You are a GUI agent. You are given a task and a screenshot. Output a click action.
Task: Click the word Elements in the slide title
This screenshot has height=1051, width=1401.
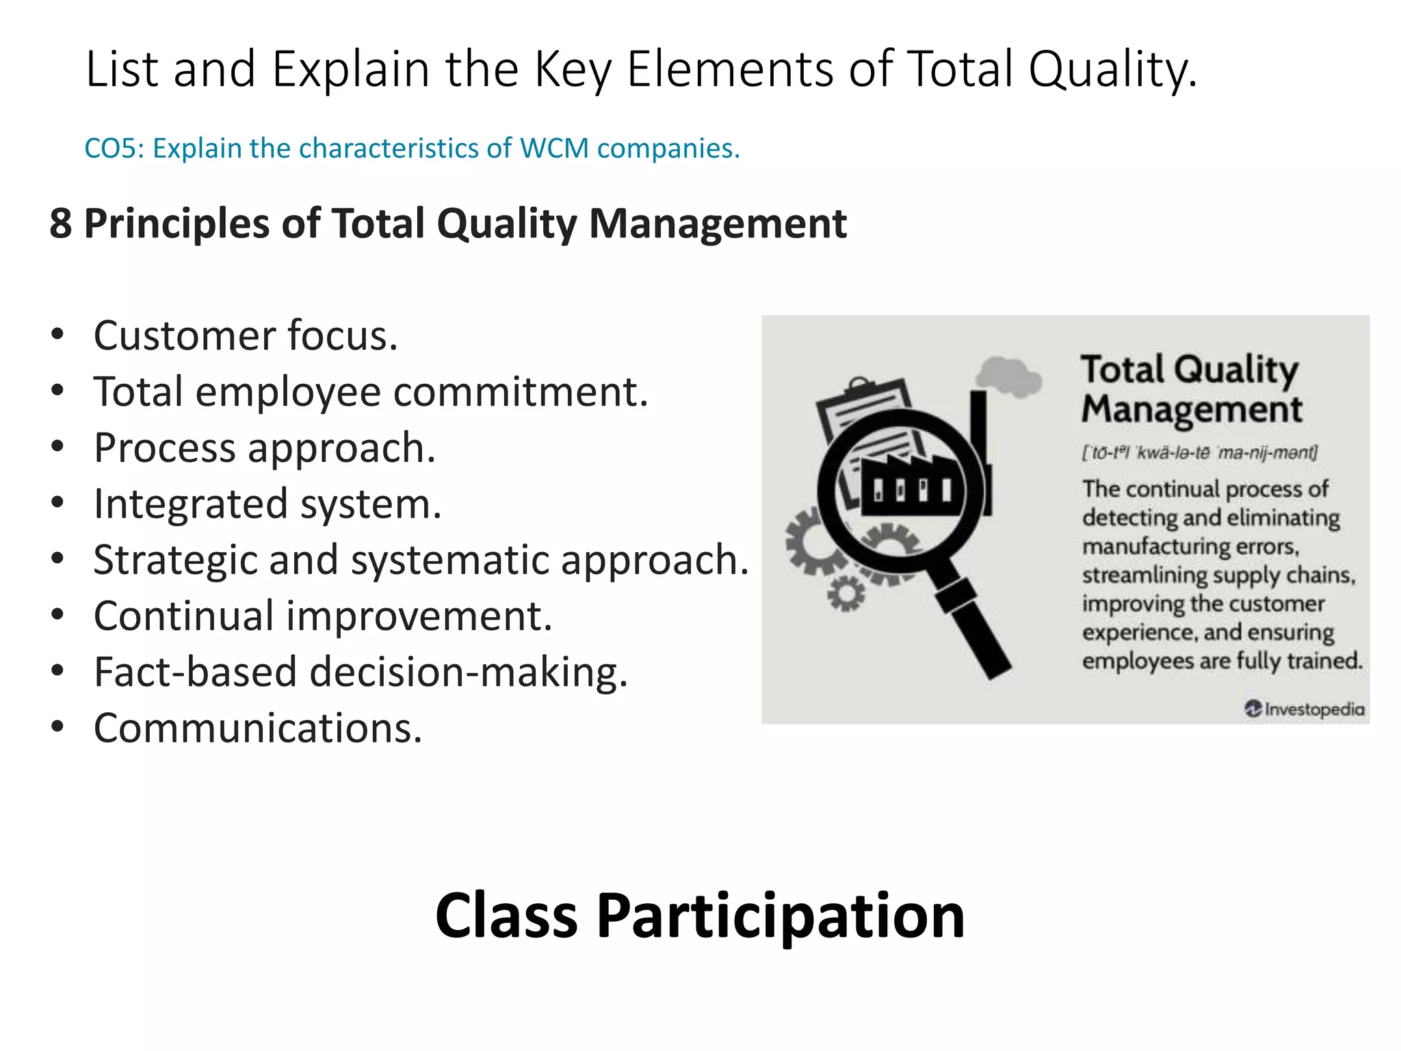pyautogui.click(x=729, y=69)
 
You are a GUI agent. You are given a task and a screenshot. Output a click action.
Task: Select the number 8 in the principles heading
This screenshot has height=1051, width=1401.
pyautogui.click(x=61, y=224)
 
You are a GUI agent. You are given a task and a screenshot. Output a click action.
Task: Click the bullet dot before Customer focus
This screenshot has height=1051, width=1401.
pyautogui.click(x=57, y=335)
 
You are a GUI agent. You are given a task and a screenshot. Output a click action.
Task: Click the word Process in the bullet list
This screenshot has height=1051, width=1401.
pyautogui.click(x=164, y=448)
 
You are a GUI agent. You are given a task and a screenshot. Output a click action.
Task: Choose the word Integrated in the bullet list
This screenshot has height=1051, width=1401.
pyautogui.click(x=191, y=504)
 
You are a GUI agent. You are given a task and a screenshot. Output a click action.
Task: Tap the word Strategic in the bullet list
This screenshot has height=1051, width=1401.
pyautogui.click(x=174, y=560)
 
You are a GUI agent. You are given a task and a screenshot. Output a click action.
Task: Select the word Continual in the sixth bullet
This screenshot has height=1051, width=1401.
pyautogui.click(x=183, y=616)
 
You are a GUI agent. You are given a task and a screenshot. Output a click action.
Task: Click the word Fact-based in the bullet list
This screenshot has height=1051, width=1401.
pyautogui.click(x=195, y=672)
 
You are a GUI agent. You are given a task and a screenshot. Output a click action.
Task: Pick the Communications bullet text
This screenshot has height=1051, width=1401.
pyautogui.click(x=257, y=728)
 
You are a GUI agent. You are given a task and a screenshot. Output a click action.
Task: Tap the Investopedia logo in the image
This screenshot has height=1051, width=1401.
pyautogui.click(x=1304, y=709)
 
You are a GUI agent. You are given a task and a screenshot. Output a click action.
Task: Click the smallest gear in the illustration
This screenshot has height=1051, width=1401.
pyautogui.click(x=846, y=593)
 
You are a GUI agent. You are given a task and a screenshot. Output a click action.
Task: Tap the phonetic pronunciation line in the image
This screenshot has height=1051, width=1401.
pyautogui.click(x=1199, y=453)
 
